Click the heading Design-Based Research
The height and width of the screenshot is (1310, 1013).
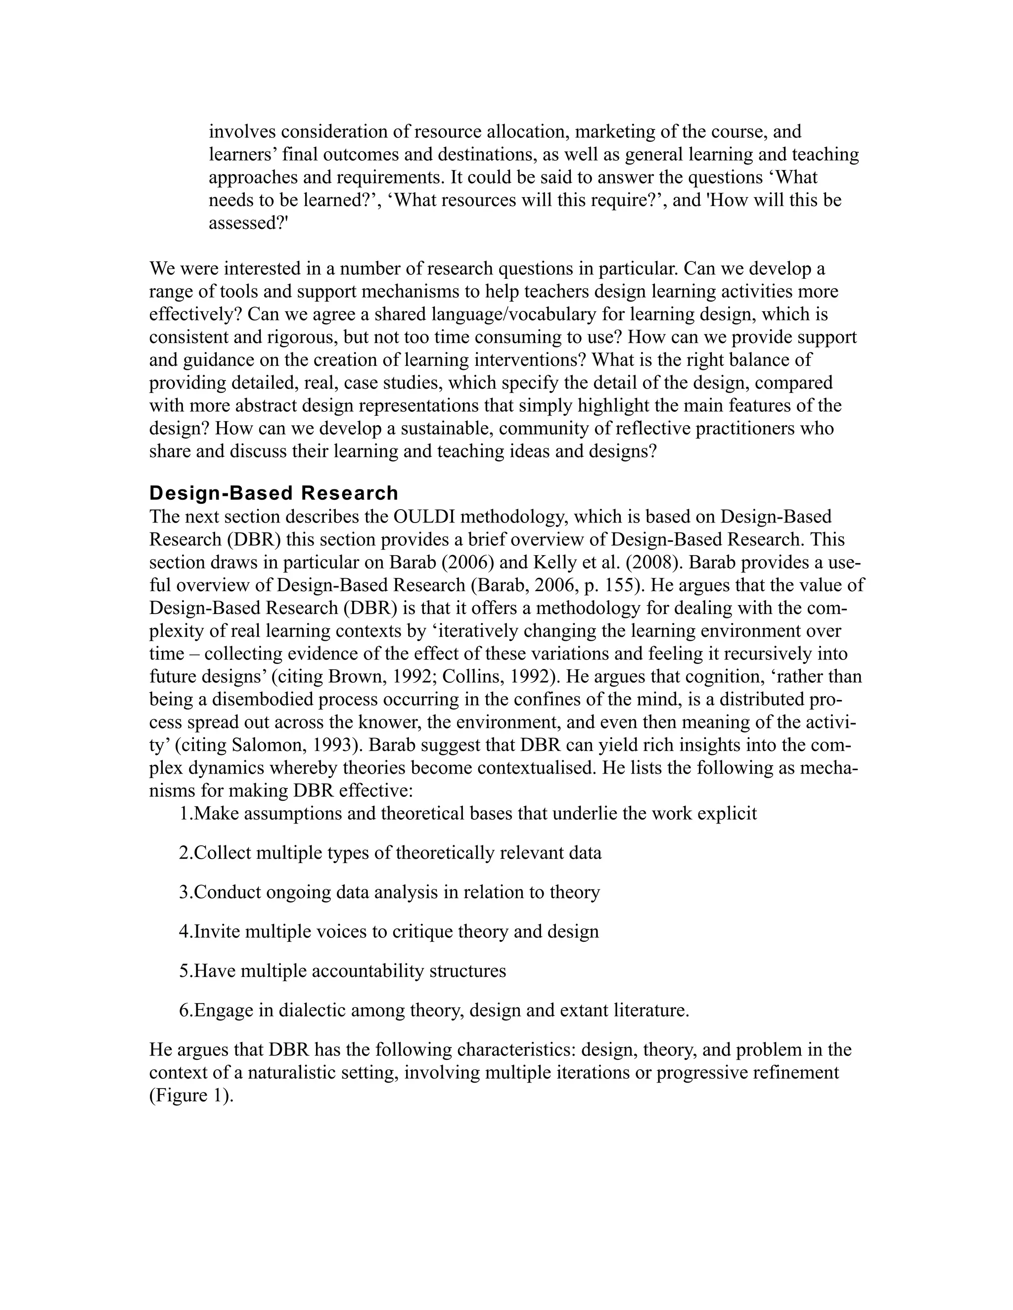click(x=274, y=493)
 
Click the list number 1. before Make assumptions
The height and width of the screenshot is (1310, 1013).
click(x=186, y=813)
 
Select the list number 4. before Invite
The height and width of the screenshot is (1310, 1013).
click(x=186, y=931)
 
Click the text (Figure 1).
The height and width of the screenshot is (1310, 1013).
click(x=191, y=1095)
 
